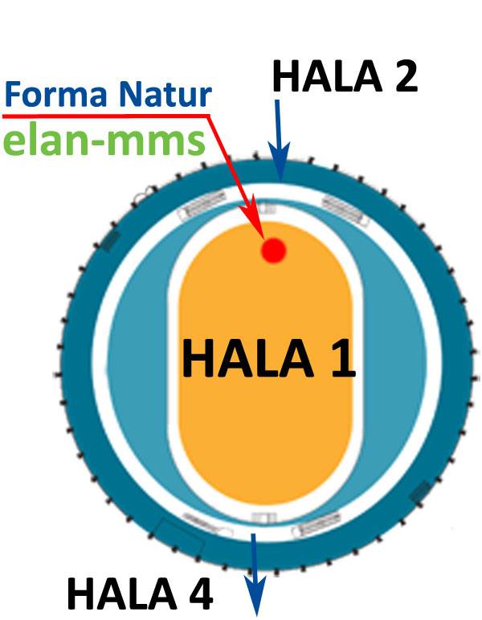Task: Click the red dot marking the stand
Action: click(x=273, y=251)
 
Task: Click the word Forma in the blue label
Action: click(x=56, y=94)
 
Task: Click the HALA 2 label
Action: click(x=345, y=76)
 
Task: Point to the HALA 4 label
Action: click(x=140, y=593)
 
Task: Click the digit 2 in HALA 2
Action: click(x=402, y=76)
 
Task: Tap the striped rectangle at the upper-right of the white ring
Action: click(x=342, y=208)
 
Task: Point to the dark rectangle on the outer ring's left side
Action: click(x=111, y=240)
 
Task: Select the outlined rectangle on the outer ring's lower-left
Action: click(x=180, y=539)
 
